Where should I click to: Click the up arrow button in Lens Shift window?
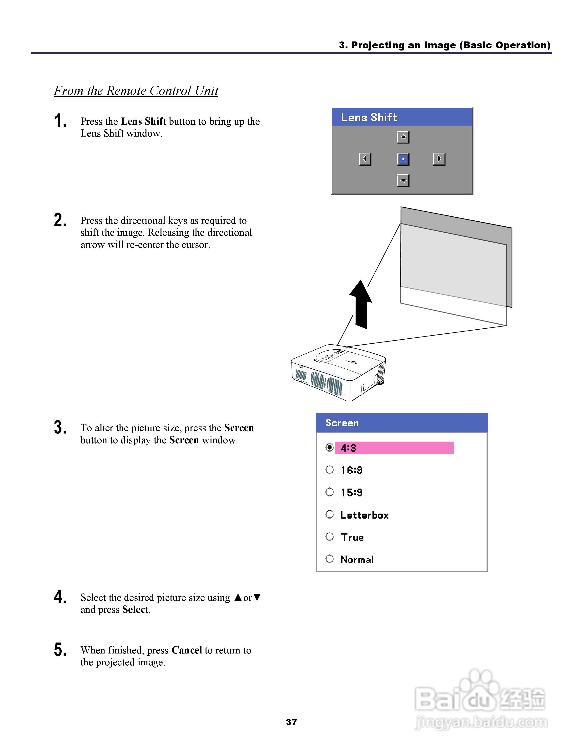(403, 138)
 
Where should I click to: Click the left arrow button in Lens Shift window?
(365, 159)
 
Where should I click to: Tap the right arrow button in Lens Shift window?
(439, 159)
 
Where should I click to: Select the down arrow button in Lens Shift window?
(403, 180)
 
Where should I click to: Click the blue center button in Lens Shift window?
(403, 159)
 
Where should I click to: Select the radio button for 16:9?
(330, 470)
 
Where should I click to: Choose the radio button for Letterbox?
(330, 514)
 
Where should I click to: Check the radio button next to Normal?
(330, 559)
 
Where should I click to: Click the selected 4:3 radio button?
(330, 448)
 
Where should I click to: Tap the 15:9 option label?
(352, 492)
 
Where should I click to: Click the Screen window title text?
(342, 423)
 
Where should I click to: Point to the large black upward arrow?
(361, 304)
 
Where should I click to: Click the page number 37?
(291, 722)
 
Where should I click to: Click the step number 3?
(60, 428)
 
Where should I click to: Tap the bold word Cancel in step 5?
(186, 650)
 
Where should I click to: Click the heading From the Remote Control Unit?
(136, 91)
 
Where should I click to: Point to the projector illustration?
(338, 373)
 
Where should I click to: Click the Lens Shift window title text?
(369, 117)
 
